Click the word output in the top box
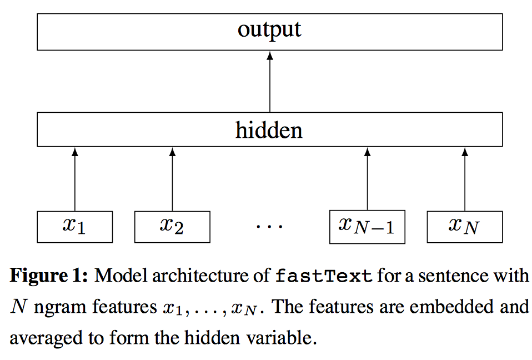tap(269, 29)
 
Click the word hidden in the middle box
tap(269, 130)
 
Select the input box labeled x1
tap(74, 227)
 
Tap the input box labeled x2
tap(172, 227)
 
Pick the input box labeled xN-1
tap(367, 227)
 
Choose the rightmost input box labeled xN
tap(464, 227)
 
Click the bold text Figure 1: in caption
tap(49, 276)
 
